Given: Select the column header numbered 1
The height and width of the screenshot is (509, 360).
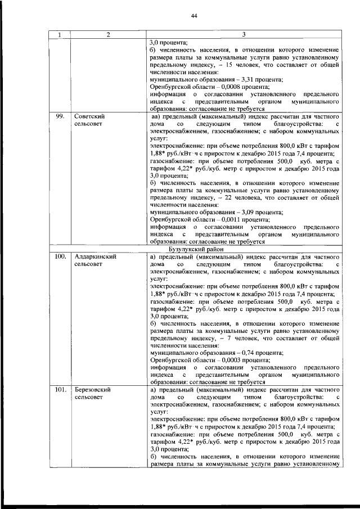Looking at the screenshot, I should (59, 35).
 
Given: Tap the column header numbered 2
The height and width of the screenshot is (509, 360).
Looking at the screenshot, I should (107, 35).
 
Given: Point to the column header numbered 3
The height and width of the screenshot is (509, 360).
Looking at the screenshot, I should (244, 35).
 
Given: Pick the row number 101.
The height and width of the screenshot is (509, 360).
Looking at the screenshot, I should (60, 389).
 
